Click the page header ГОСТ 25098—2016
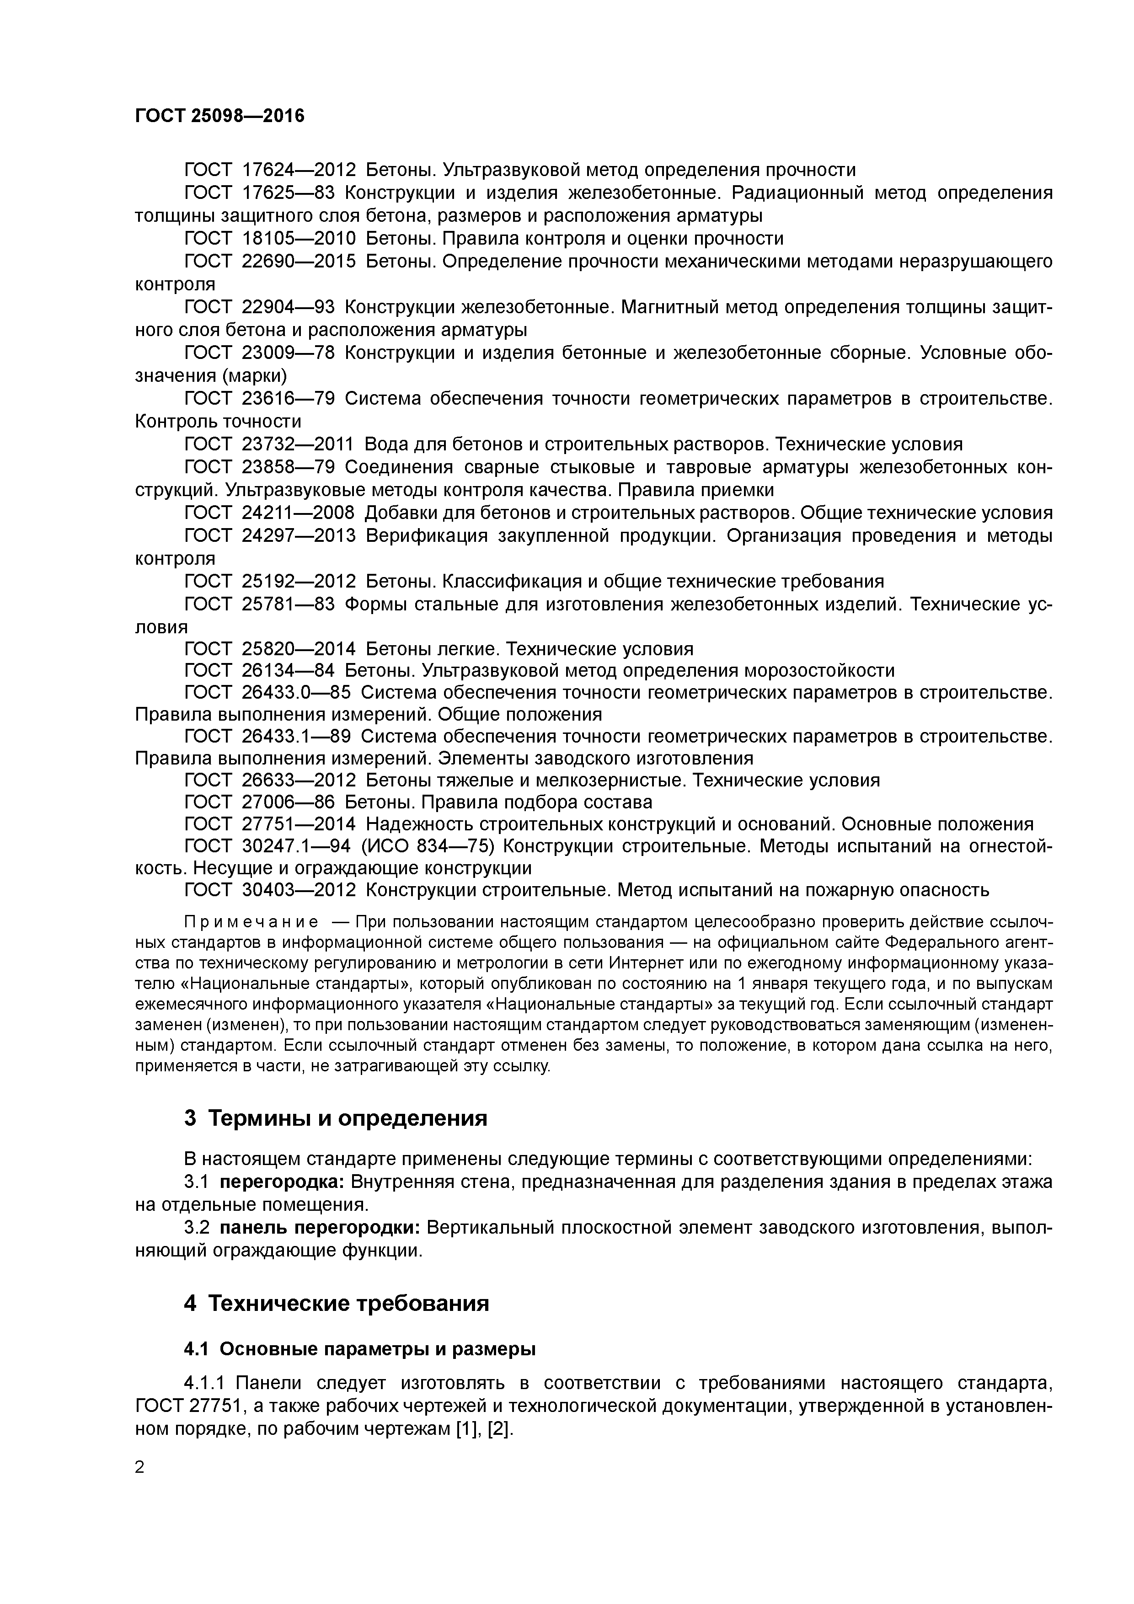tap(219, 115)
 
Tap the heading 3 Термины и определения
tap(335, 1118)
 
